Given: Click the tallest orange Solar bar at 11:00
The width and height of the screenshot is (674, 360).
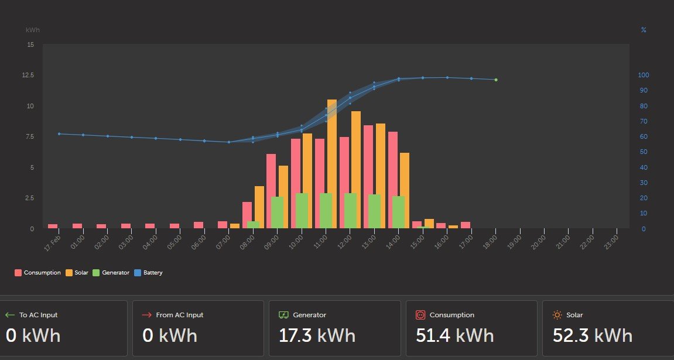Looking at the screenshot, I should tap(332, 164).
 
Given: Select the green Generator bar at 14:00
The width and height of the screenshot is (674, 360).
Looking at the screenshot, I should tap(398, 212).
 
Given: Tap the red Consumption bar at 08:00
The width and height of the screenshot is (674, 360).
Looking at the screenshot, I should tap(247, 215).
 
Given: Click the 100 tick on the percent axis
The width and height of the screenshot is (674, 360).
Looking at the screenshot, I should tap(644, 75).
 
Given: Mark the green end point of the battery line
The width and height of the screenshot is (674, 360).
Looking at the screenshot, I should tap(496, 80).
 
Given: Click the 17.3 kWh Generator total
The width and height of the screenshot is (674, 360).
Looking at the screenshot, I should tap(317, 335).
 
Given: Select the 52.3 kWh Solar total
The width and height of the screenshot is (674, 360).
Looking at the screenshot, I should tap(593, 335).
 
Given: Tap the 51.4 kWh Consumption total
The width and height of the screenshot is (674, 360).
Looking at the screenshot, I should tap(455, 335).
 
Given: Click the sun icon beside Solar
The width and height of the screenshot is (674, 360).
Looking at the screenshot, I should tap(557, 315).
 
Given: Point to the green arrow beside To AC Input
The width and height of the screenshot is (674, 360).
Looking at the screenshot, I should tap(10, 315).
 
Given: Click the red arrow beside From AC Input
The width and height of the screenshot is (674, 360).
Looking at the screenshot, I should tap(146, 315).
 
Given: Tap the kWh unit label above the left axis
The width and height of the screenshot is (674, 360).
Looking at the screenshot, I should tap(33, 30).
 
